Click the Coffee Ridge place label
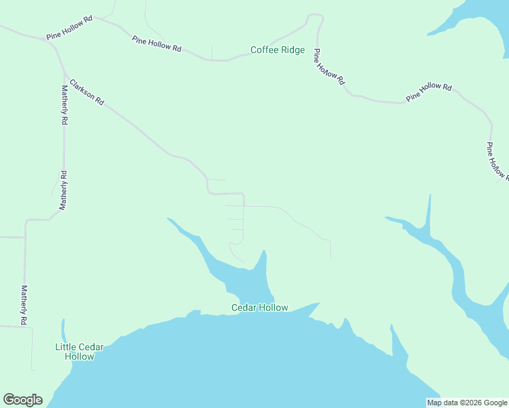278,50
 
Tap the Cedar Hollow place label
259,307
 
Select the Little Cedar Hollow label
79,352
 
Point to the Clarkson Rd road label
86,92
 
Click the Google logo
22,399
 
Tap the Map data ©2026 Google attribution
467,403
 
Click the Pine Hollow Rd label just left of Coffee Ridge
157,45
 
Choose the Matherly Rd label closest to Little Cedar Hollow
24,304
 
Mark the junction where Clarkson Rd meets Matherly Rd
63,71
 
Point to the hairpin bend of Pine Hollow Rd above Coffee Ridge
314,17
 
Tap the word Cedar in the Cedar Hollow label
244,307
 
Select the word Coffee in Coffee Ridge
265,50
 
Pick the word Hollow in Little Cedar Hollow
79,356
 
